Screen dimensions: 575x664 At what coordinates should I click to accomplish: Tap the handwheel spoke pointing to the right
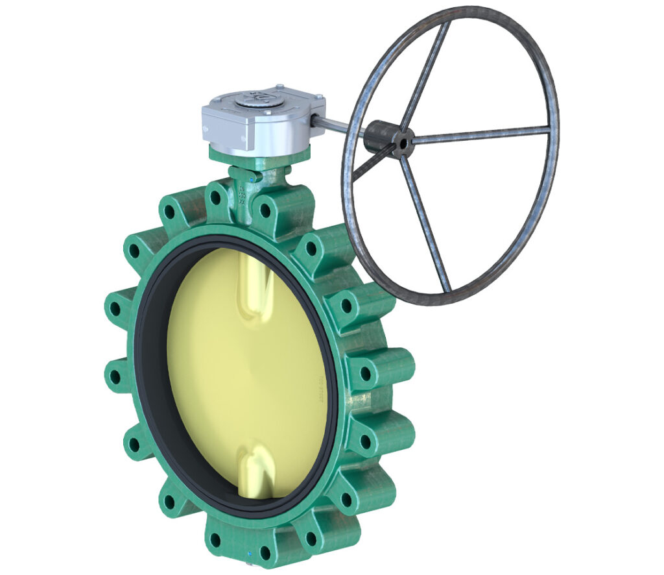(480, 134)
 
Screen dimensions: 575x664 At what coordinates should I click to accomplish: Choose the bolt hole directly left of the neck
(215, 195)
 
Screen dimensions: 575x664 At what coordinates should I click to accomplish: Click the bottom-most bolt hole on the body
(265, 554)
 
